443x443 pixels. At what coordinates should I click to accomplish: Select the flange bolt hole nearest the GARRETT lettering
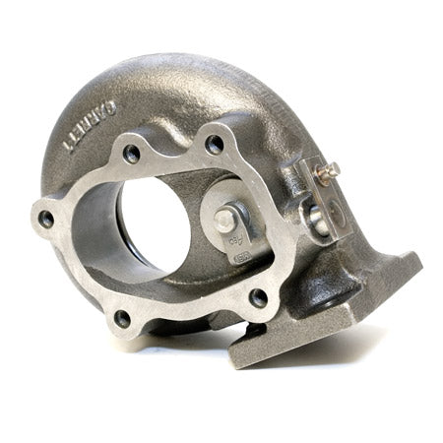coord(131,153)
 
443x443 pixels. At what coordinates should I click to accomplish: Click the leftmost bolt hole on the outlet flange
coord(46,220)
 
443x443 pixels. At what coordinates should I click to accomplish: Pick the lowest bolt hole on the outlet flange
coord(122,318)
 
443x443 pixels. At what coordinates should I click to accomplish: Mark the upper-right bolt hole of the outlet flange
coord(214,144)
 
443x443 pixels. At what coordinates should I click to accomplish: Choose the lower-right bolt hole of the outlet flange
coord(258,295)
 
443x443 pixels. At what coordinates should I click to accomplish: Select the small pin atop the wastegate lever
coord(330,169)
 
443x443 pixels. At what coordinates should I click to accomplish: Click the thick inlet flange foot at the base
coord(325,315)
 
